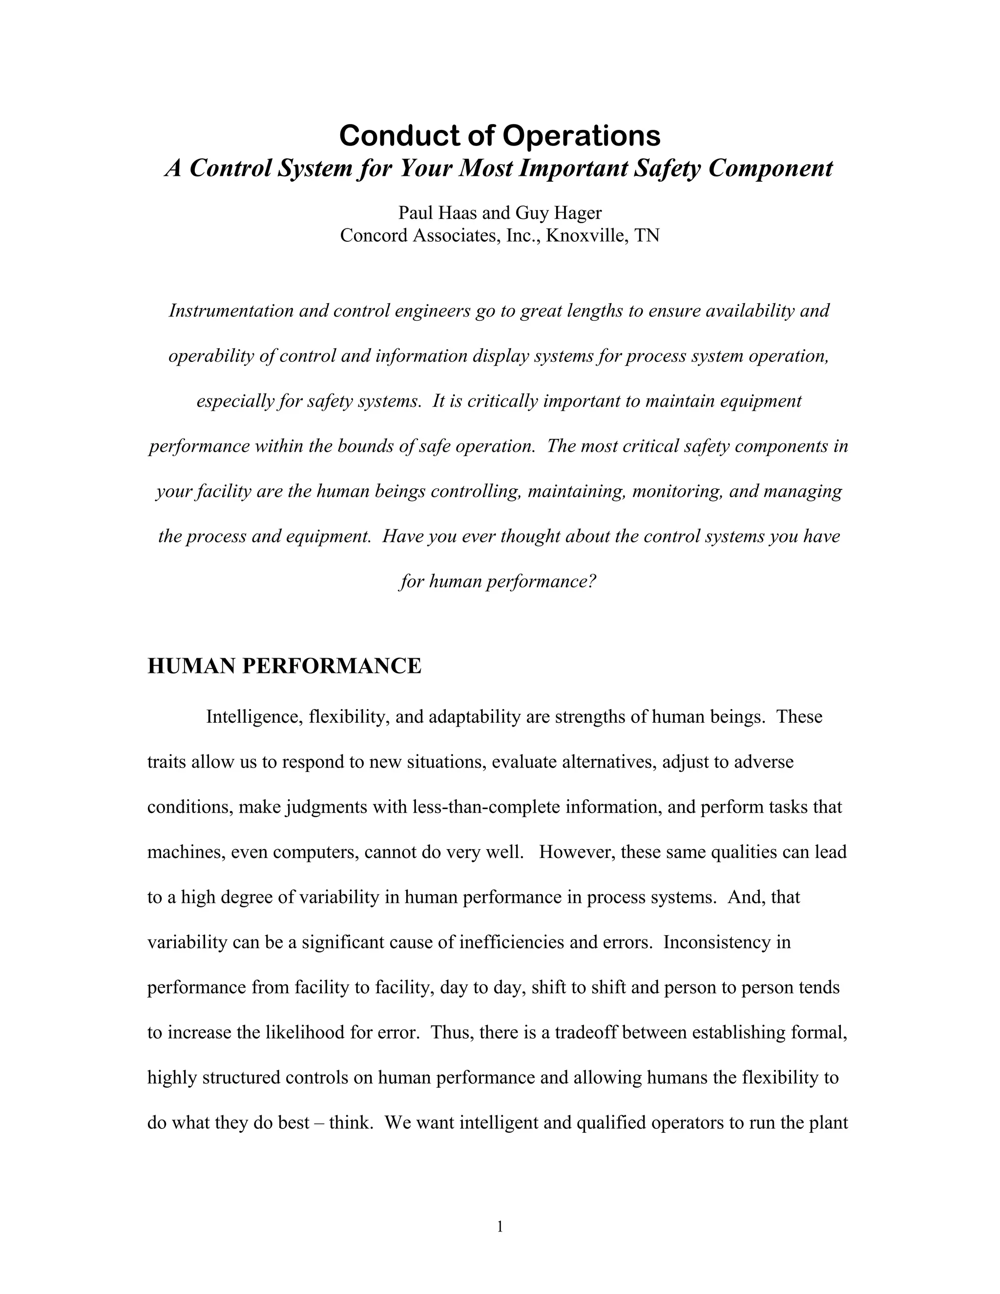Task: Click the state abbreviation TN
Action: click(647, 236)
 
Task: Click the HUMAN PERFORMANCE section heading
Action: click(284, 666)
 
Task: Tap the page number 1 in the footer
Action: click(500, 1227)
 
